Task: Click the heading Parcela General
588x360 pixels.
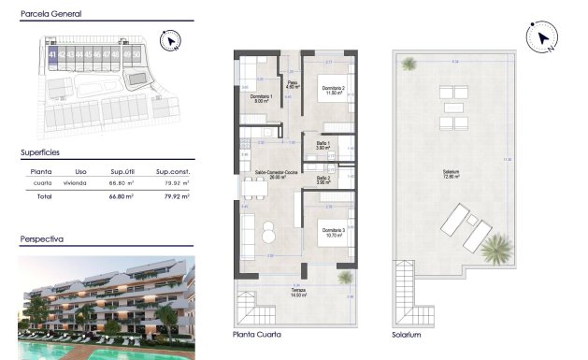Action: click(50, 15)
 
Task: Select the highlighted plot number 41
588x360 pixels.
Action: click(50, 55)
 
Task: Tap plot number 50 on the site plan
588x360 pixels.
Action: click(138, 55)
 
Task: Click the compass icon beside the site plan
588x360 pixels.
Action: click(169, 40)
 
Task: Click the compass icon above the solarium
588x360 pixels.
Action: click(541, 38)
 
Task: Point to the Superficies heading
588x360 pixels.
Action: click(40, 151)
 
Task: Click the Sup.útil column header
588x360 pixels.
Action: click(124, 171)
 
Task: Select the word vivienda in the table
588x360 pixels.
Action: click(75, 183)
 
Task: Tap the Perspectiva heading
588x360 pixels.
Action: click(42, 239)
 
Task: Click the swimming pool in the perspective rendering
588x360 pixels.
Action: click(56, 350)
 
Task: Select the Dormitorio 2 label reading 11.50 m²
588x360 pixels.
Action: click(330, 91)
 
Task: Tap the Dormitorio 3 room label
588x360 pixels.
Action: click(334, 232)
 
